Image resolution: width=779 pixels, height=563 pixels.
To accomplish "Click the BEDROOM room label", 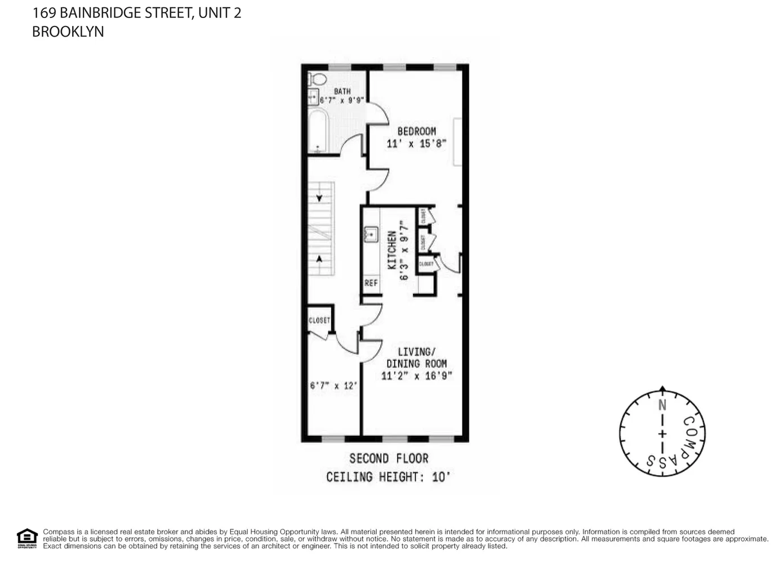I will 416,131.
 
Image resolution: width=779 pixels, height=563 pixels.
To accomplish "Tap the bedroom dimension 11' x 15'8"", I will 416,144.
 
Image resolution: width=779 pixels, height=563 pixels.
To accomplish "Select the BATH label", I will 342,91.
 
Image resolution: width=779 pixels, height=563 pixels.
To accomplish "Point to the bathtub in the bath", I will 318,131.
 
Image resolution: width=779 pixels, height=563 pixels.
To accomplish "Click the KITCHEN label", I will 392,249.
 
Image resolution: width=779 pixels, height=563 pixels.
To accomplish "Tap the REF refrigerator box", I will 371,283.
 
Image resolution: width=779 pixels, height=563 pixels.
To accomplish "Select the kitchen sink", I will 371,233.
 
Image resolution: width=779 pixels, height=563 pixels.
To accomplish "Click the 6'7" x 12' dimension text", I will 333,386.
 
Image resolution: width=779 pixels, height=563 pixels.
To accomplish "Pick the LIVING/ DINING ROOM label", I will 416,358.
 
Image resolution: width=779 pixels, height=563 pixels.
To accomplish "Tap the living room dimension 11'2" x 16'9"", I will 416,376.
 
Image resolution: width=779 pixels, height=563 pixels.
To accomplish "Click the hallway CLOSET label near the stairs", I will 319,320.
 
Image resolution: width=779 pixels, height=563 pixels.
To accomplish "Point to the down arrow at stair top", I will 319,198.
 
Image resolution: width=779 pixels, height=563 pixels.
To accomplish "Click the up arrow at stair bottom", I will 319,259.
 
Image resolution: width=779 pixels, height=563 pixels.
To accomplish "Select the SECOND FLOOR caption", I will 389,458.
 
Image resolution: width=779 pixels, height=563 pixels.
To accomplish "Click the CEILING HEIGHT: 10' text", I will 389,477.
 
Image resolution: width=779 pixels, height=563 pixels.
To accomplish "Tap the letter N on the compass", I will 662,405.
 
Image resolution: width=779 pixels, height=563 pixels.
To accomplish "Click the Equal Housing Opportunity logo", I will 27,538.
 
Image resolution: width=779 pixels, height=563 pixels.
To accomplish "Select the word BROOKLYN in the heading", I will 68,32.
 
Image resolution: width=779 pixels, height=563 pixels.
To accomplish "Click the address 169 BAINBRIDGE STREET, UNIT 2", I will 136,12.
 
